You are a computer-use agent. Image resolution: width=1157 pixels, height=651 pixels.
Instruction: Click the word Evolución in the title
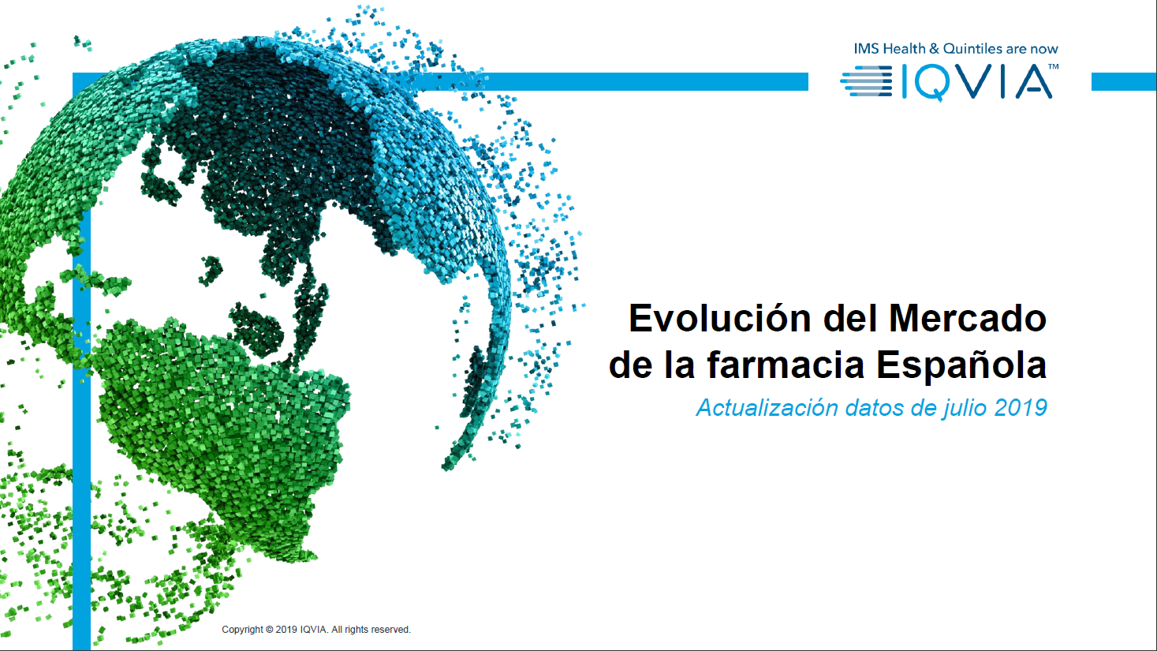click(x=720, y=318)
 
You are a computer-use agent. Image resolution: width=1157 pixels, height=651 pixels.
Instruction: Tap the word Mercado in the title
click(x=968, y=318)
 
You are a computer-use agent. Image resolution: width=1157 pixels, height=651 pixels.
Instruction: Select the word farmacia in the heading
click(x=786, y=365)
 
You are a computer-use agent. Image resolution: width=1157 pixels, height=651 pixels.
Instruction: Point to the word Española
click(x=961, y=365)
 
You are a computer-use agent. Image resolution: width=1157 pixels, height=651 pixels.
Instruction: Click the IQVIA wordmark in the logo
click(x=977, y=81)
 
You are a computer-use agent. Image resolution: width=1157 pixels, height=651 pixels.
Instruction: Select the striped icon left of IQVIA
click(x=866, y=81)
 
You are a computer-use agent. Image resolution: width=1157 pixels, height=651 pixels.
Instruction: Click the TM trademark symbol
click(x=1053, y=66)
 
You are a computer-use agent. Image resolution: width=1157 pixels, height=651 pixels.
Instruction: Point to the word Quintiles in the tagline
click(x=972, y=49)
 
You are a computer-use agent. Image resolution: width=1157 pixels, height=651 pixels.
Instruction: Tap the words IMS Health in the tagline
click(x=890, y=49)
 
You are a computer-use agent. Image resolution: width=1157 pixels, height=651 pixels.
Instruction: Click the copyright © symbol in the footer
click(x=269, y=630)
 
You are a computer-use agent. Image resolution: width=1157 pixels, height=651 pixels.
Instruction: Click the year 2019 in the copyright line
click(x=286, y=630)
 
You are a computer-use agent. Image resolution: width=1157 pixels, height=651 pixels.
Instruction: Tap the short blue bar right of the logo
click(x=1124, y=81)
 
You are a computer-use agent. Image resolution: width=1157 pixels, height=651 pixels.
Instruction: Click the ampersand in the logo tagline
click(x=935, y=49)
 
